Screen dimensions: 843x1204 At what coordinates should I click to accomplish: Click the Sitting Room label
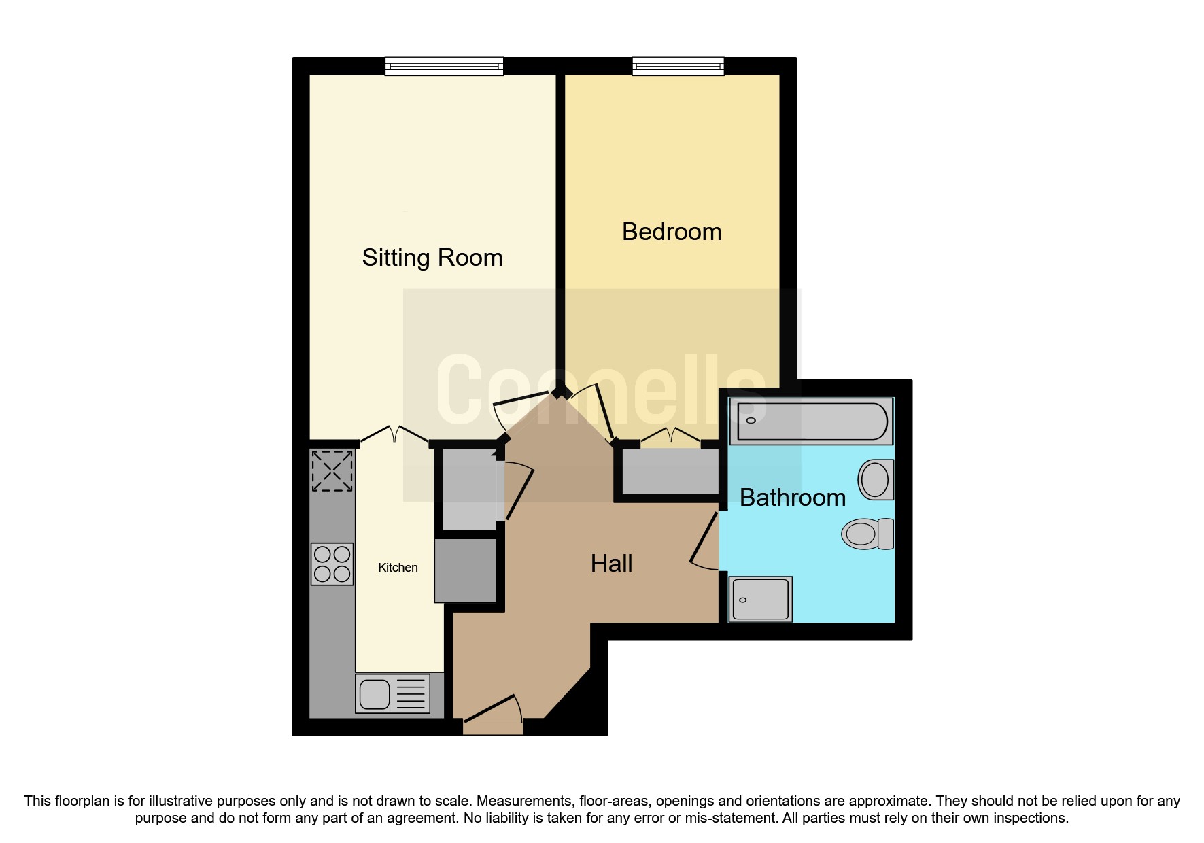(432, 258)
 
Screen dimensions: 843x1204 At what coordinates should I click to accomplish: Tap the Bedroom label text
(671, 232)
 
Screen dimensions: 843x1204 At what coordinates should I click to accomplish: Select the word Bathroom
(792, 498)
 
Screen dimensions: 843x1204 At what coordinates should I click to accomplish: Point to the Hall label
(611, 564)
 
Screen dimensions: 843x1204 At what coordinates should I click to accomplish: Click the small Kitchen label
(398, 568)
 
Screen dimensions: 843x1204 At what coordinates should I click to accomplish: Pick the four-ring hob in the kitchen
(332, 564)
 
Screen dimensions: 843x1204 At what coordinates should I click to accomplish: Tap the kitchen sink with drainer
(392, 693)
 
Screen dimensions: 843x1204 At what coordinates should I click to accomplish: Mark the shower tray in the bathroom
(760, 599)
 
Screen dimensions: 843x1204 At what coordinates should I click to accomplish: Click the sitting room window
(444, 66)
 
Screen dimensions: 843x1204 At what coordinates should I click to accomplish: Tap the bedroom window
(678, 66)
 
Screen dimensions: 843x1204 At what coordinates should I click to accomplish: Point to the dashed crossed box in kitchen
(332, 470)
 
